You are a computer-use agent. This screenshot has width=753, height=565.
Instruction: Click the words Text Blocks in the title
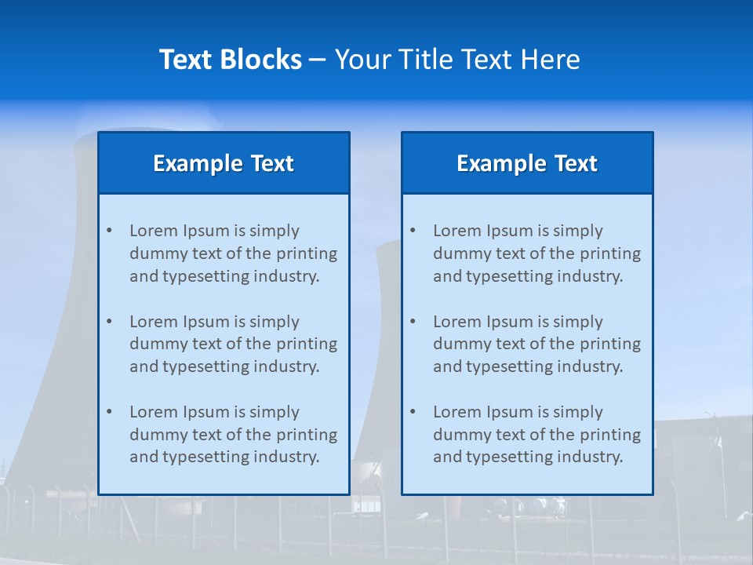pos(230,60)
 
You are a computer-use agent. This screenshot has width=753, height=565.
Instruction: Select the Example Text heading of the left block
pos(224,163)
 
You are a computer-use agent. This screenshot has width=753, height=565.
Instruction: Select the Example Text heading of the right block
pos(527,163)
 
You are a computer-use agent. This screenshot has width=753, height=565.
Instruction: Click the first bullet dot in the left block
pos(109,231)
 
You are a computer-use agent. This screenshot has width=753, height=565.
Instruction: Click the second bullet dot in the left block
pos(109,322)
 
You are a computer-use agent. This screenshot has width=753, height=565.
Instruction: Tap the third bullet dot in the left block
pos(109,412)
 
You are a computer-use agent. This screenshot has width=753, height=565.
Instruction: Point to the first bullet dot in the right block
pos(413,231)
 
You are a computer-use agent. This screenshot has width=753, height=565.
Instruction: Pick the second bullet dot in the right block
pos(413,322)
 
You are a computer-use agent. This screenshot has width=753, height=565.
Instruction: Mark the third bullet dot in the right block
pos(413,412)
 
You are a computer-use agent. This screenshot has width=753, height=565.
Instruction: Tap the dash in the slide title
pos(318,60)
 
